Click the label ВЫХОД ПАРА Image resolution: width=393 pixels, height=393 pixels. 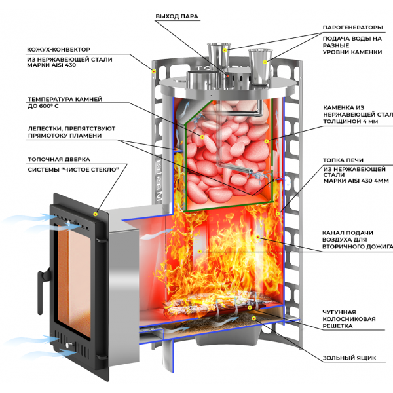click(x=177, y=16)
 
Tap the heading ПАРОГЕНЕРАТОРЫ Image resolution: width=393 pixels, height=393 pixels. click(x=352, y=28)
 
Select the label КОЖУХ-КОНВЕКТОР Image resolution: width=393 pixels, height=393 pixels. click(x=58, y=50)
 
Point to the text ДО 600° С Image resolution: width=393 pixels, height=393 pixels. click(x=43, y=106)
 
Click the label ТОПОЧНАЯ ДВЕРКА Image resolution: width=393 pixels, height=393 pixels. click(x=59, y=159)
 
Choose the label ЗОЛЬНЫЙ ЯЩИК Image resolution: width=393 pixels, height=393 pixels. click(x=349, y=358)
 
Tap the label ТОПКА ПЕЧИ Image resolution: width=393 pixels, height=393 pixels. click(x=343, y=160)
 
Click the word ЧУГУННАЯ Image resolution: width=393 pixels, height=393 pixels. click(x=339, y=312)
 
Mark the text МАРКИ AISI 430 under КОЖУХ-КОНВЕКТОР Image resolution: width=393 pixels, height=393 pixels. click(x=51, y=65)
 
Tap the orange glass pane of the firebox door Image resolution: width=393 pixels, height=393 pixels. click(x=73, y=281)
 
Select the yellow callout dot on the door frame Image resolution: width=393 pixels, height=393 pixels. click(x=95, y=214)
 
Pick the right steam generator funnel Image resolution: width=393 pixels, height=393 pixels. click(x=260, y=66)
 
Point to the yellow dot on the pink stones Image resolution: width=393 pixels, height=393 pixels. click(x=202, y=137)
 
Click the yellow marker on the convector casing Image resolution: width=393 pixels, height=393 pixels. click(x=154, y=71)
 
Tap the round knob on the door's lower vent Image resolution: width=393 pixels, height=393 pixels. click(x=68, y=345)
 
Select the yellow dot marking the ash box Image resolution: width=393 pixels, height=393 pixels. click(x=254, y=318)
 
